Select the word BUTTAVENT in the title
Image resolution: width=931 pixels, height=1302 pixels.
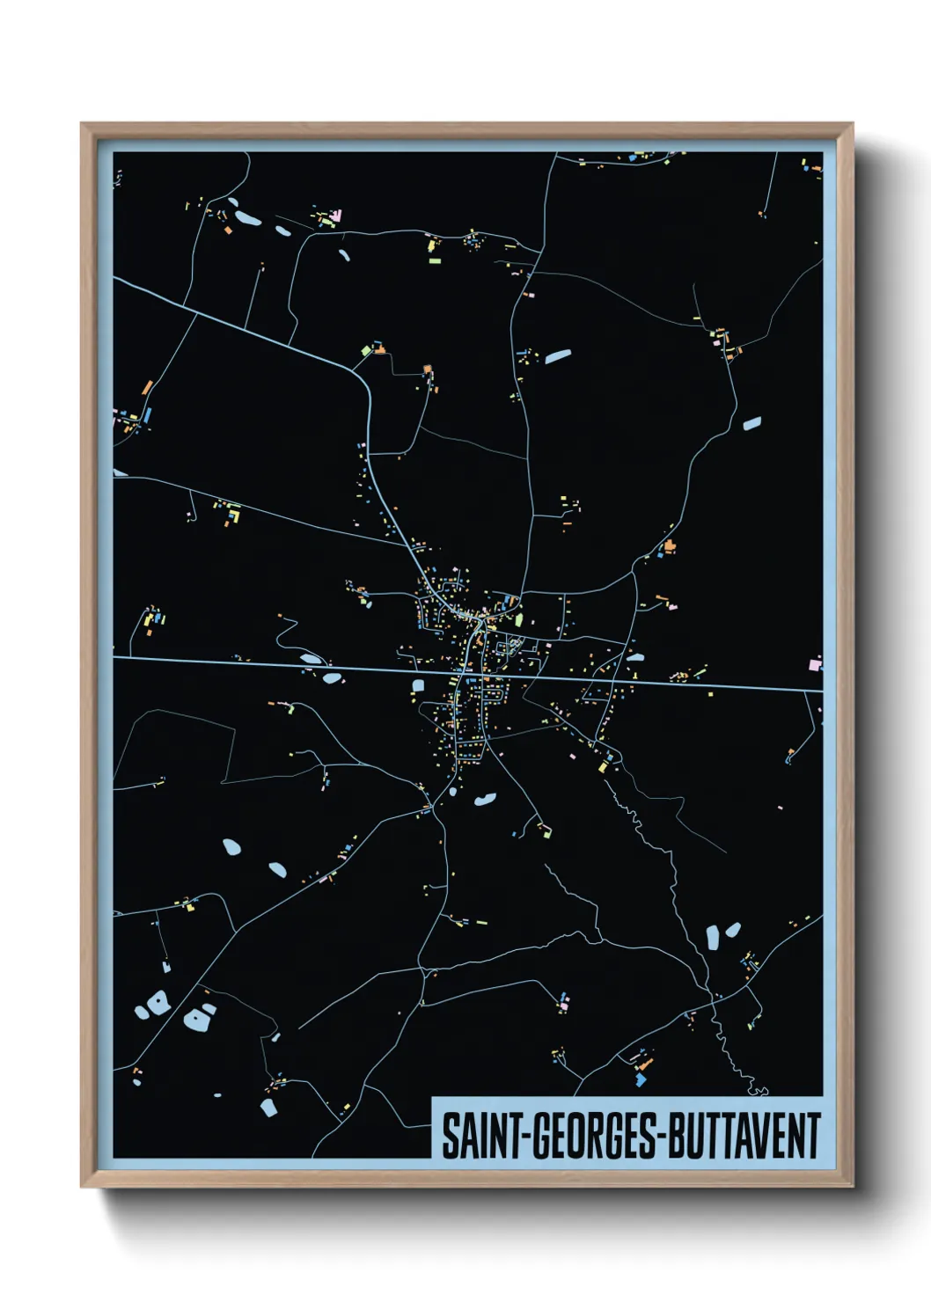[744, 1136]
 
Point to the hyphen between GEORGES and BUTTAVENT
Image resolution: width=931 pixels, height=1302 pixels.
[663, 1137]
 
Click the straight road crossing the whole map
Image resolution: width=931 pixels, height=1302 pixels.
[264, 662]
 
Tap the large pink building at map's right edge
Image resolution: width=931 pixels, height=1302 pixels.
[815, 664]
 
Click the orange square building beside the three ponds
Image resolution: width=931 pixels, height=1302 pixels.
[228, 230]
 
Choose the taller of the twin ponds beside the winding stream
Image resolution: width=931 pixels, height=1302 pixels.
[713, 938]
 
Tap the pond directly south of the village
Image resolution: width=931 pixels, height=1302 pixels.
[484, 800]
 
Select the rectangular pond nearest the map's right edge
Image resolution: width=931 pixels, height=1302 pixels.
[751, 424]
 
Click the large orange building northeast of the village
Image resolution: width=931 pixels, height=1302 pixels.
[670, 546]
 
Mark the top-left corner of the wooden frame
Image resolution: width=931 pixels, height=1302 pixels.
[82, 124]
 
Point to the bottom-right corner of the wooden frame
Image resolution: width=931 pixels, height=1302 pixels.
[852, 1186]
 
